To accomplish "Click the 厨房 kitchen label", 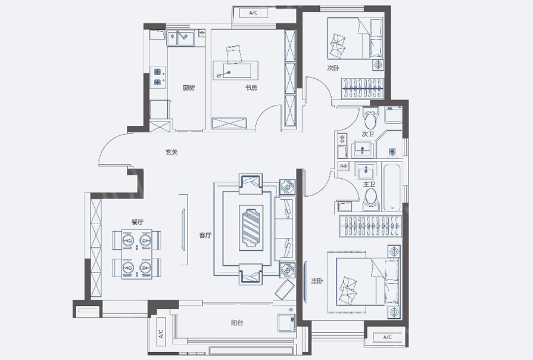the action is [x=189, y=88].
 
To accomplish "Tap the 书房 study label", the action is [x=251, y=88].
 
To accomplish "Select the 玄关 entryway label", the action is [x=172, y=152].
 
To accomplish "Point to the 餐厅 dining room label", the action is [x=138, y=222].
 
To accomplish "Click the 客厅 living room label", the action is [x=205, y=235].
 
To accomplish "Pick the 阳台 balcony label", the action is [x=237, y=323].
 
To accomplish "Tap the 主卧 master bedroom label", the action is [x=317, y=281].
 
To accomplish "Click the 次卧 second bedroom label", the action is [x=333, y=68].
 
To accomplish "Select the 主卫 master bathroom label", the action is [x=369, y=184].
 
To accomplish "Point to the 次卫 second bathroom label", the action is [x=367, y=135].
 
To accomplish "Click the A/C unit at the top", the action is [x=253, y=13].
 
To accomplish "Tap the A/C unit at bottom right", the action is [x=388, y=337].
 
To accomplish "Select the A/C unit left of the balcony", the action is [x=161, y=334].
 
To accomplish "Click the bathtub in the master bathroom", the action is [x=392, y=187].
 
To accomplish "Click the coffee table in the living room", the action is [x=251, y=228].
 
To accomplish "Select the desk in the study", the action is [x=236, y=70].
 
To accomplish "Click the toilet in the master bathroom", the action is [x=370, y=199].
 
